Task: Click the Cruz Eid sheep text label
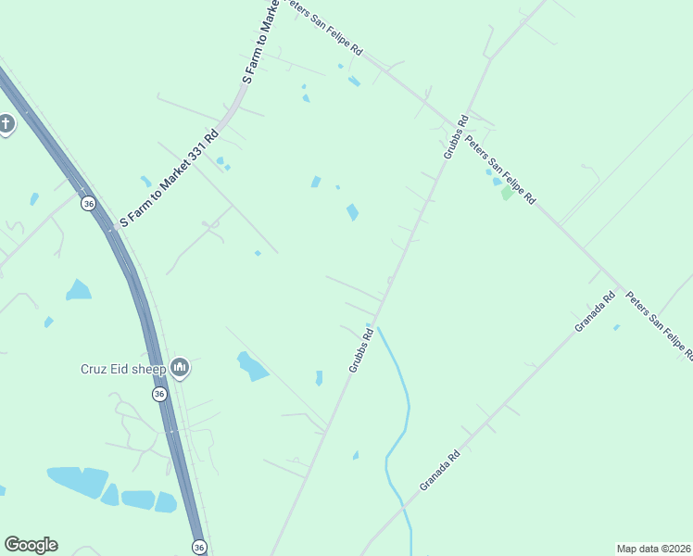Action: [x=122, y=369]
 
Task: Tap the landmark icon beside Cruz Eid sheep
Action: [x=180, y=369]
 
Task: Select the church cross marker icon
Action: [x=6, y=123]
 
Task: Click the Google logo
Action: [x=31, y=545]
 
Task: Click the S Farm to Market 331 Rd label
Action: [x=169, y=180]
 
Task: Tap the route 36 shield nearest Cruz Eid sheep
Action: [x=159, y=394]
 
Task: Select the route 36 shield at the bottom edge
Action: [x=199, y=548]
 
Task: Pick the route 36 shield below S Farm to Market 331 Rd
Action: [x=88, y=203]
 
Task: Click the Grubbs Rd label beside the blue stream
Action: [x=360, y=349]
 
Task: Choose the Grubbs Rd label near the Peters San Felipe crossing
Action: [x=456, y=136]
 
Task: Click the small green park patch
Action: [x=506, y=194]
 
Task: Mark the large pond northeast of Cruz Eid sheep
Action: [x=251, y=366]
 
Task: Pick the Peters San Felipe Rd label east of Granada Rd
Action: [x=660, y=325]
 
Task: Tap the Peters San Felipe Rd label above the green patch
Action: [x=501, y=170]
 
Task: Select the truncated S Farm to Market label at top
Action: [x=260, y=43]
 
